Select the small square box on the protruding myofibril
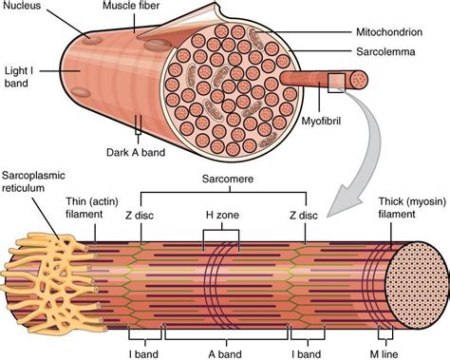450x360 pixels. (x=335, y=82)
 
